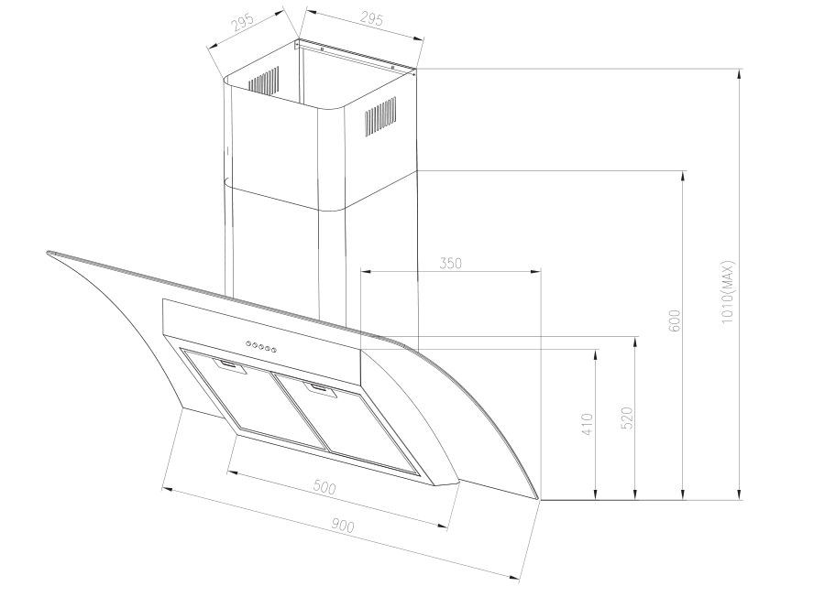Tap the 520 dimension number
click(627, 418)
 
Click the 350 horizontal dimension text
click(450, 263)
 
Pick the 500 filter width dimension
click(324, 488)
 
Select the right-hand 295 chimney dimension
click(346, 17)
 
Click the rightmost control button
click(274, 347)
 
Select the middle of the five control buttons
click(261, 345)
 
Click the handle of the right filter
click(321, 391)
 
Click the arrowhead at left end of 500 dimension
click(230, 472)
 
